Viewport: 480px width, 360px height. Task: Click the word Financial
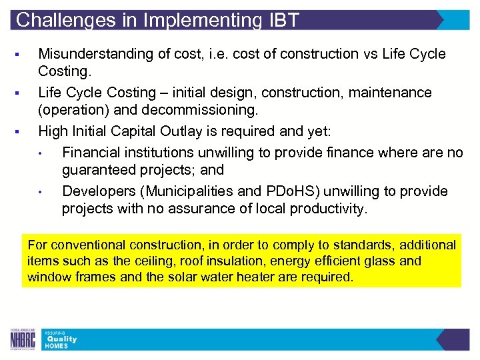(89, 153)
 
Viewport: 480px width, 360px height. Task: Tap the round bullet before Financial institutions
(41, 153)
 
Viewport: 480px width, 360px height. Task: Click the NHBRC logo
(23, 339)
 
